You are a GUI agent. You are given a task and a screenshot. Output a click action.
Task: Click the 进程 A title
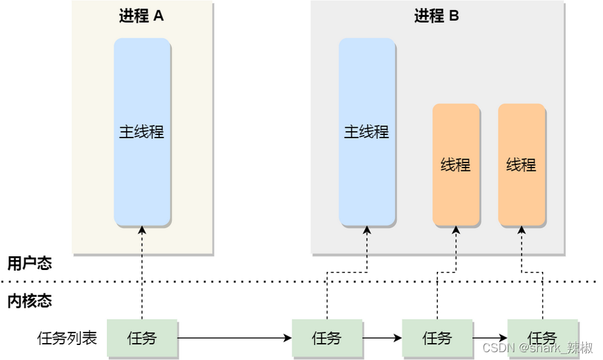pyautogui.click(x=141, y=16)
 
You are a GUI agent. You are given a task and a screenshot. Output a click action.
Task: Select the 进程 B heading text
pyautogui.click(x=437, y=16)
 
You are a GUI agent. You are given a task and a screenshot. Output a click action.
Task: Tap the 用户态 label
pyautogui.click(x=29, y=263)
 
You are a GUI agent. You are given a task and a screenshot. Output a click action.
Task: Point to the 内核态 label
pyautogui.click(x=29, y=301)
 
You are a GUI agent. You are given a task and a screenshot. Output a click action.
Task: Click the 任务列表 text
pyautogui.click(x=67, y=338)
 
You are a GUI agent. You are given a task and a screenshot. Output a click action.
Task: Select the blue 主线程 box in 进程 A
pyautogui.click(x=142, y=132)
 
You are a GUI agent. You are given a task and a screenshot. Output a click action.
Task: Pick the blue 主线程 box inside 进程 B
pyautogui.click(x=366, y=132)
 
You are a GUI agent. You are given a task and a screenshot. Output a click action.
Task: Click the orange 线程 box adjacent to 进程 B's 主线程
pyautogui.click(x=456, y=164)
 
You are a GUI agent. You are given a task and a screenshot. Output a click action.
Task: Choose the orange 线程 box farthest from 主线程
pyautogui.click(x=522, y=164)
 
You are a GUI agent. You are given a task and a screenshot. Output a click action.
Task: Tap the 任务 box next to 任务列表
pyautogui.click(x=142, y=338)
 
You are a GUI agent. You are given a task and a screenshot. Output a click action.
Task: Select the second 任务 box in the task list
pyautogui.click(x=327, y=338)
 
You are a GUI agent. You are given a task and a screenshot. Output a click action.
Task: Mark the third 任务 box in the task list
pyautogui.click(x=437, y=338)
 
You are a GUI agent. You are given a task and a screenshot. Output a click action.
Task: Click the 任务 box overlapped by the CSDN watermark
pyautogui.click(x=542, y=338)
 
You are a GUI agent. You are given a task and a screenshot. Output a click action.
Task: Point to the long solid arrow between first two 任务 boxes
pyautogui.click(x=235, y=338)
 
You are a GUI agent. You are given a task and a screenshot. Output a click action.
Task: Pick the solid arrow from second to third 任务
pyautogui.click(x=382, y=338)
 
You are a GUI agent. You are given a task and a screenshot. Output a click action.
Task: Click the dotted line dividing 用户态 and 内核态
pyautogui.click(x=300, y=282)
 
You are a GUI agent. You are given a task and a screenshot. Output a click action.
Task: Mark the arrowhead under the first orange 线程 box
pyautogui.click(x=456, y=231)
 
